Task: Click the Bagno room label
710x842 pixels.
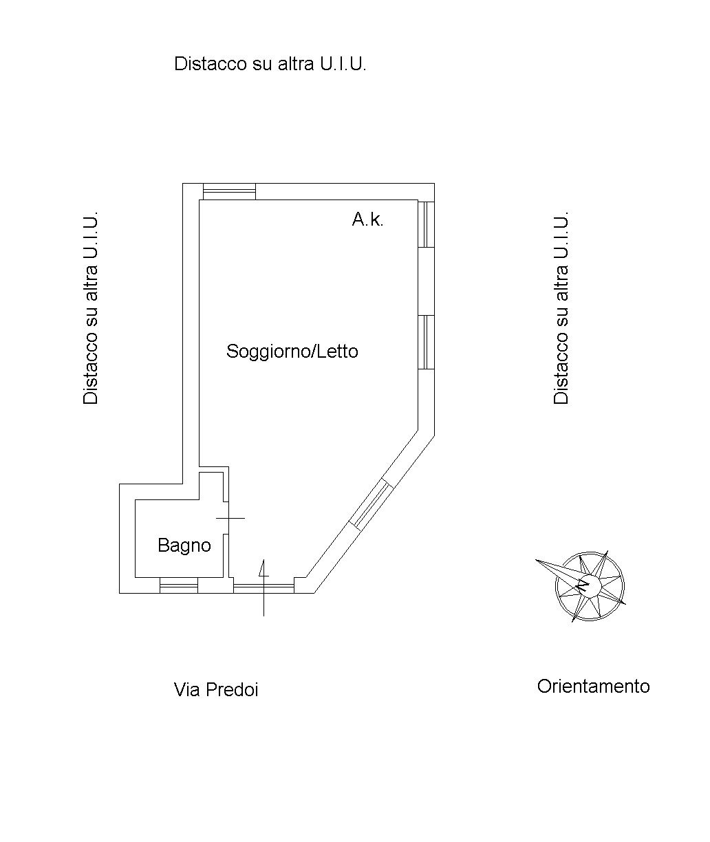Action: point(184,546)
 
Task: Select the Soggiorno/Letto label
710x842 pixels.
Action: point(292,352)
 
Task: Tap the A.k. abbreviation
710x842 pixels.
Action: point(367,220)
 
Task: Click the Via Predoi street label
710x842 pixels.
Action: point(216,689)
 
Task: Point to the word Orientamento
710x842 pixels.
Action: point(593,686)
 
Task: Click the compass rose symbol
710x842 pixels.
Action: point(590,585)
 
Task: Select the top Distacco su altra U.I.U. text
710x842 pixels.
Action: point(270,64)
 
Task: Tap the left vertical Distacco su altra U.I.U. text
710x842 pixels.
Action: point(92,307)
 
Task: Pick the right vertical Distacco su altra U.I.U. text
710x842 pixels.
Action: point(561,307)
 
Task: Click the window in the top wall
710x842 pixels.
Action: point(229,191)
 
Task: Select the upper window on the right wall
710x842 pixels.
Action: point(427,224)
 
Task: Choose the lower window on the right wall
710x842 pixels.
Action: point(427,342)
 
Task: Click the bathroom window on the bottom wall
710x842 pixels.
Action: point(179,585)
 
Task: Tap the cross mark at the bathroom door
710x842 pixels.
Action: point(230,518)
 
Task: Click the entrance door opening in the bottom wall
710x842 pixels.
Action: point(263,586)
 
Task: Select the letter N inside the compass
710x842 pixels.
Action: point(583,587)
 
